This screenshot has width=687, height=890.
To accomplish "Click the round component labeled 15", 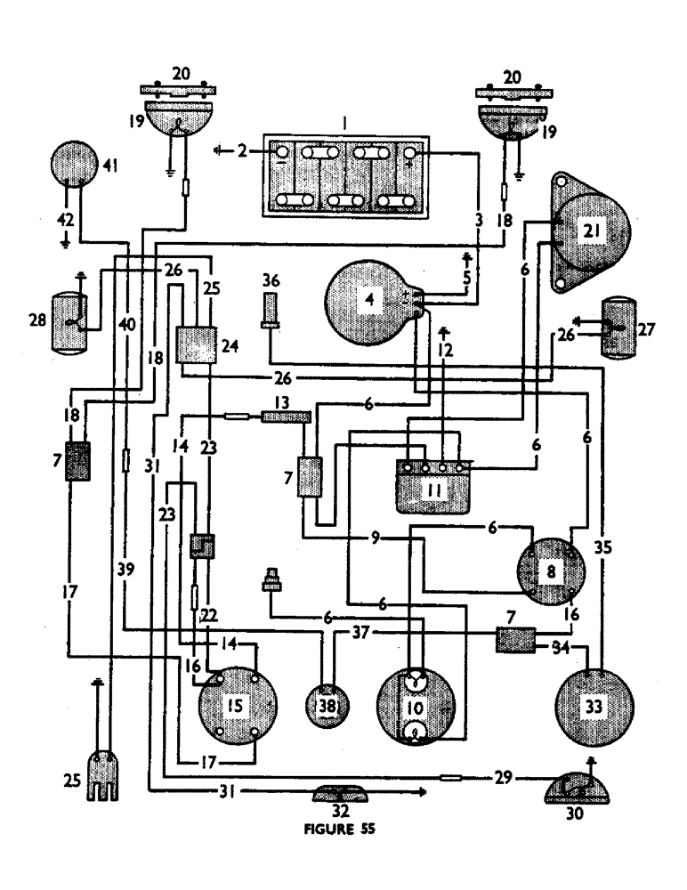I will pos(235,707).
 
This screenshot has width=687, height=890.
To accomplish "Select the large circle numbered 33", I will pos(594,707).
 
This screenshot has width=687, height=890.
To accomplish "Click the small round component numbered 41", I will pos(76,166).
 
